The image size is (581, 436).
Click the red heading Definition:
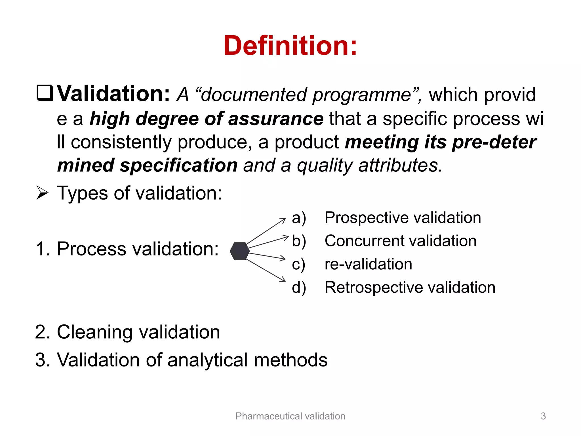[290, 46]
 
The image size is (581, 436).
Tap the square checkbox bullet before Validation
[45, 93]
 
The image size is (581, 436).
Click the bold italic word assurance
[275, 119]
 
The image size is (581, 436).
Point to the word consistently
[121, 142]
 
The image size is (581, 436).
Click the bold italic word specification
[178, 165]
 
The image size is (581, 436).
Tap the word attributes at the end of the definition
[400, 165]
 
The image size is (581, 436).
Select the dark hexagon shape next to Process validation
[240, 251]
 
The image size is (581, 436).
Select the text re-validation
[368, 264]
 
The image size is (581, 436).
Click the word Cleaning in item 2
[94, 332]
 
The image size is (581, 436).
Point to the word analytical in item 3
[208, 360]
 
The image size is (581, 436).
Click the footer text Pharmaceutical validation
[290, 416]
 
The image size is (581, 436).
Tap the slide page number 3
[543, 416]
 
